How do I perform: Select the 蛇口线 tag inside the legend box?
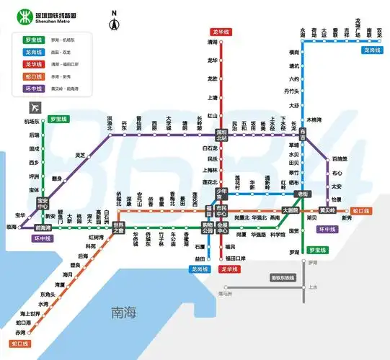pyautogui.click(x=33, y=76)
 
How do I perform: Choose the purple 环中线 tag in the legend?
pyautogui.click(x=33, y=89)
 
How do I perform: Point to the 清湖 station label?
pyautogui.click(x=212, y=42)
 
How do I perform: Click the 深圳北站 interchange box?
pyautogui.click(x=222, y=133)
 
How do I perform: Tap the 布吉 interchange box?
pyautogui.click(x=303, y=133)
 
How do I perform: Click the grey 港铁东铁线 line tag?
pyautogui.click(x=283, y=277)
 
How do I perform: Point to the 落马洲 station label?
pyautogui.click(x=226, y=293)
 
